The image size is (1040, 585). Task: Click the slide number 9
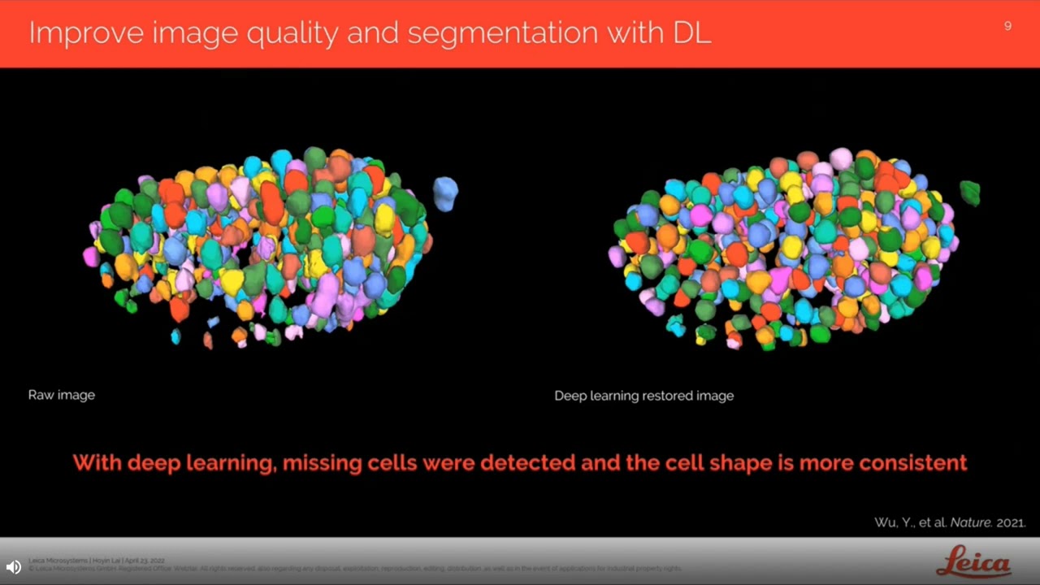1007,26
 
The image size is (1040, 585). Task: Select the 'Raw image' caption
62,395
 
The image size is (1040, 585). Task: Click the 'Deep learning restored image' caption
643,396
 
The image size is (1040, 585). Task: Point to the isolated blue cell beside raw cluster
445,193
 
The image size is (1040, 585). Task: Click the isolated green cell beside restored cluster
970,193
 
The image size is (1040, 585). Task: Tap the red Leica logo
973,562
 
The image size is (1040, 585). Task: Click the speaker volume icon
14,567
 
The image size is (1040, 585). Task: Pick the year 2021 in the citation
1011,522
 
